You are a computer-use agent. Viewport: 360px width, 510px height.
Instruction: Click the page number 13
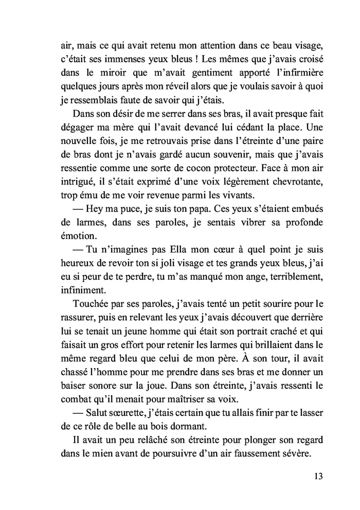(x=317, y=476)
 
